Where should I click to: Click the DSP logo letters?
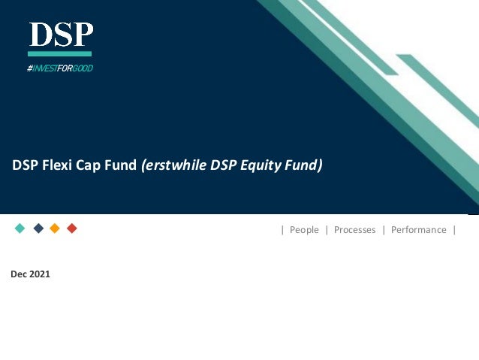(x=61, y=35)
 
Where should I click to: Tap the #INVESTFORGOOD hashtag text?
(x=60, y=68)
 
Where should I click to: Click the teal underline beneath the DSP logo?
(x=60, y=54)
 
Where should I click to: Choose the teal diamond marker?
(x=20, y=228)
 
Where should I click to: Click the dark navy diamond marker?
(x=38, y=228)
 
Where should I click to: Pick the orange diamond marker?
(x=55, y=228)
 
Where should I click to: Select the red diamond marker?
(x=72, y=228)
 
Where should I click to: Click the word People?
(x=304, y=230)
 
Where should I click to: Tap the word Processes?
(x=354, y=230)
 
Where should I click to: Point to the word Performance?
(x=418, y=230)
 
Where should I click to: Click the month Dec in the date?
(x=19, y=274)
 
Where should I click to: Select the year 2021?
(x=40, y=274)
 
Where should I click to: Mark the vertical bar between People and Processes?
(x=327, y=230)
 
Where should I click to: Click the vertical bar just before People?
(x=282, y=230)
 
